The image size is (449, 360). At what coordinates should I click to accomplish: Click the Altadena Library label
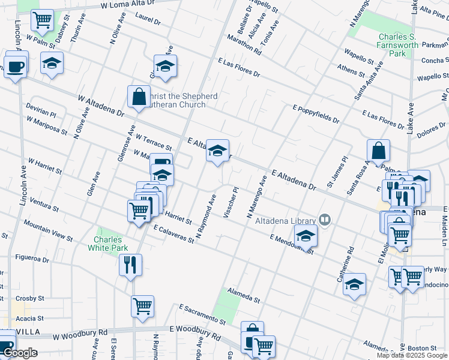[286, 220]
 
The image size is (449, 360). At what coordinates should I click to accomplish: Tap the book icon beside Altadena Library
[325, 220]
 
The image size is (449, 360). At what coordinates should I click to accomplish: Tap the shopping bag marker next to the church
[139, 97]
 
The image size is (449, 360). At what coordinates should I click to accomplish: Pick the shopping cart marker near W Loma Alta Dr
[42, 21]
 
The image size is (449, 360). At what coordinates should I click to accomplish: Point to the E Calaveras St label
[173, 234]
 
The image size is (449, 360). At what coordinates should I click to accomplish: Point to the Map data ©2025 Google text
[412, 355]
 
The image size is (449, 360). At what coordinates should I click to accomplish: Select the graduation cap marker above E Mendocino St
[306, 237]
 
